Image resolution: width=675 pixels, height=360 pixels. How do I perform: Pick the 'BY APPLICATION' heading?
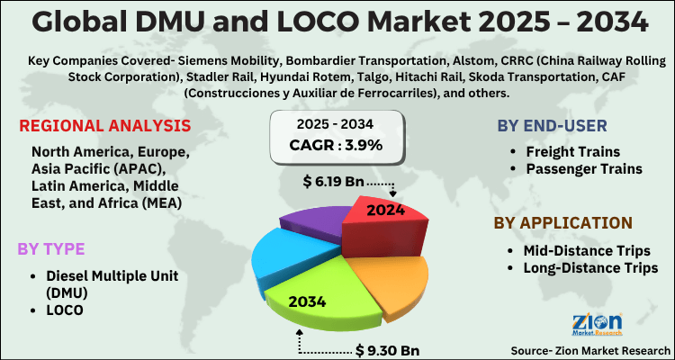562,222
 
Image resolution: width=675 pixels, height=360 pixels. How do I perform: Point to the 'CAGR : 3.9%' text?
337,144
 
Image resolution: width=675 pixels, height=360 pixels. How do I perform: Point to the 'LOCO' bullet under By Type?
68,308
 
